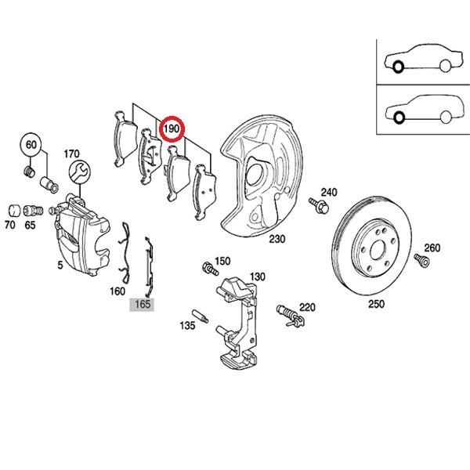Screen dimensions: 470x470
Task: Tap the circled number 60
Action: pyautogui.click(x=31, y=146)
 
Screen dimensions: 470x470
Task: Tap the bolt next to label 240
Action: pyautogui.click(x=319, y=206)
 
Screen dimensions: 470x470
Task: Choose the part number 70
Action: pyautogui.click(x=10, y=225)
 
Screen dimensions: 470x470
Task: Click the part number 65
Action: pyautogui.click(x=30, y=225)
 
